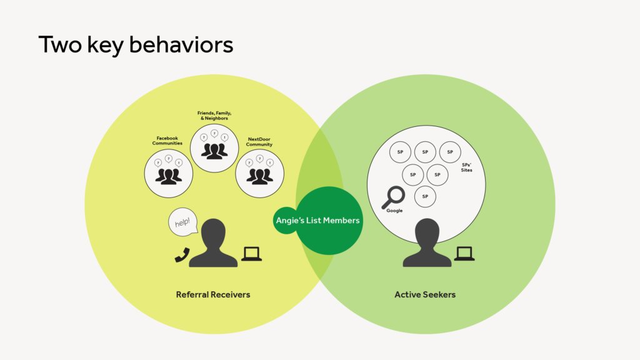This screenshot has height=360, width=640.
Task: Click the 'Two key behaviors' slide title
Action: pyautogui.click(x=136, y=45)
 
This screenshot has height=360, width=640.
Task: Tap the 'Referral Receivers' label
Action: pyautogui.click(x=213, y=295)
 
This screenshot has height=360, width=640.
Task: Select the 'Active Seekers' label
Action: pyautogui.click(x=425, y=295)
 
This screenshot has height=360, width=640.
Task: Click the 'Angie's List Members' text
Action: pyautogui.click(x=317, y=221)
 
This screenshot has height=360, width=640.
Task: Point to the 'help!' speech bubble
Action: pyautogui.click(x=182, y=222)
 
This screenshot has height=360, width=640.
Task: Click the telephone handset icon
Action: pyautogui.click(x=182, y=255)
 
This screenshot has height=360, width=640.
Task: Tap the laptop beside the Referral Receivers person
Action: pyautogui.click(x=251, y=254)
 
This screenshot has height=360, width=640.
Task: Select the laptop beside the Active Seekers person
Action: pyautogui.click(x=464, y=254)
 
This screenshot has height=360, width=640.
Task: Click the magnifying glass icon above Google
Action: pyautogui.click(x=394, y=197)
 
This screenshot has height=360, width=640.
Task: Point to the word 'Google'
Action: pyautogui.click(x=394, y=211)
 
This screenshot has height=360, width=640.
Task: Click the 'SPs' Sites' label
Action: pyautogui.click(x=466, y=167)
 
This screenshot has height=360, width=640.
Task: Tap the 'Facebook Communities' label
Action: pyautogui.click(x=167, y=141)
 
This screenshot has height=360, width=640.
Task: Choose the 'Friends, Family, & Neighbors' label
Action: pyautogui.click(x=214, y=116)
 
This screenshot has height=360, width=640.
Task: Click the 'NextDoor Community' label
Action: pyautogui.click(x=259, y=142)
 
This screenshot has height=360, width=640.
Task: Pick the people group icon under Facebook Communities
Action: pyautogui.click(x=169, y=176)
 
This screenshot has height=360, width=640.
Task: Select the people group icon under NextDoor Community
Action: pyautogui.click(x=259, y=176)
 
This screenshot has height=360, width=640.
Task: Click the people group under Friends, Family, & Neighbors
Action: pyautogui.click(x=214, y=151)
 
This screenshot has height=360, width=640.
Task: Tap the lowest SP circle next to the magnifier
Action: pyautogui.click(x=425, y=196)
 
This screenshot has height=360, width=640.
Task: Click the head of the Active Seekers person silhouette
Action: pyautogui.click(x=427, y=232)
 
